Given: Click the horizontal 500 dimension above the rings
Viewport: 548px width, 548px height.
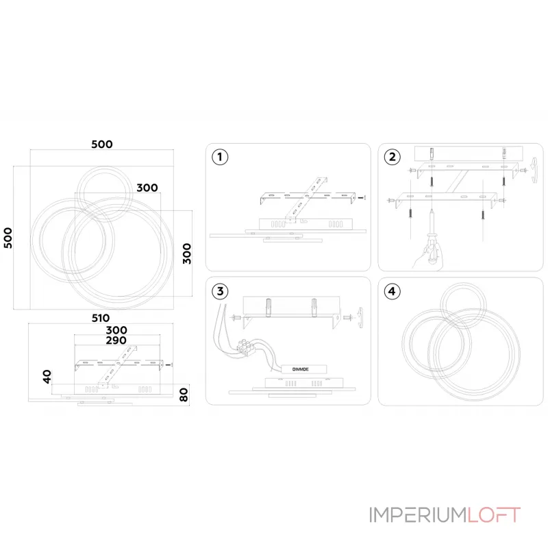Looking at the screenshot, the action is [x=101, y=145].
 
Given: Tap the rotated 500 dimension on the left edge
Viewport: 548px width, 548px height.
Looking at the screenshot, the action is [x=8, y=238].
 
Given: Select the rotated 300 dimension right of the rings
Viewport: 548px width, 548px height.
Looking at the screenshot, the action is [x=187, y=253].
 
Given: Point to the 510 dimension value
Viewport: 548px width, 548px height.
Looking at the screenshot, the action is [x=101, y=318].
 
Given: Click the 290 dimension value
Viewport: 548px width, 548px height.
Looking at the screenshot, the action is [x=116, y=340].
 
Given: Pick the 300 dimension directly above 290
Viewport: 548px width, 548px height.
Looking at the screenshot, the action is [x=116, y=330].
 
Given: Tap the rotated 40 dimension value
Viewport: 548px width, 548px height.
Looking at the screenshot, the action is [x=47, y=377].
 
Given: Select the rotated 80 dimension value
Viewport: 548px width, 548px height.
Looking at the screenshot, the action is [x=184, y=395].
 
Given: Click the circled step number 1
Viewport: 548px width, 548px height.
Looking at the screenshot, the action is [x=220, y=157].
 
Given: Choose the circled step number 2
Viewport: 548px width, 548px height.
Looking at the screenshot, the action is [x=392, y=157].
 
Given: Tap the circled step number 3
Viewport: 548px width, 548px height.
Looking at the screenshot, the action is [x=220, y=291].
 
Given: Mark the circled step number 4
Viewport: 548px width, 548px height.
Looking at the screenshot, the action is [x=392, y=291].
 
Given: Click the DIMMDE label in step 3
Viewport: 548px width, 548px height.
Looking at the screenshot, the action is [x=301, y=369].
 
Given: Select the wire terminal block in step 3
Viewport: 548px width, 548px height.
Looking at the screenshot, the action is [x=246, y=347].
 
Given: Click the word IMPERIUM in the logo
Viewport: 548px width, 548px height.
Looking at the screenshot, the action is [x=419, y=515].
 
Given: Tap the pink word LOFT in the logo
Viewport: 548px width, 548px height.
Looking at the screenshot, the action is [x=494, y=515].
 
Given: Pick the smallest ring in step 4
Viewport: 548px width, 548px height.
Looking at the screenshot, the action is [x=463, y=306].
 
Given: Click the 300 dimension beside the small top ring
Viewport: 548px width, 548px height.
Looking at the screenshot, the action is [x=147, y=188].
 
